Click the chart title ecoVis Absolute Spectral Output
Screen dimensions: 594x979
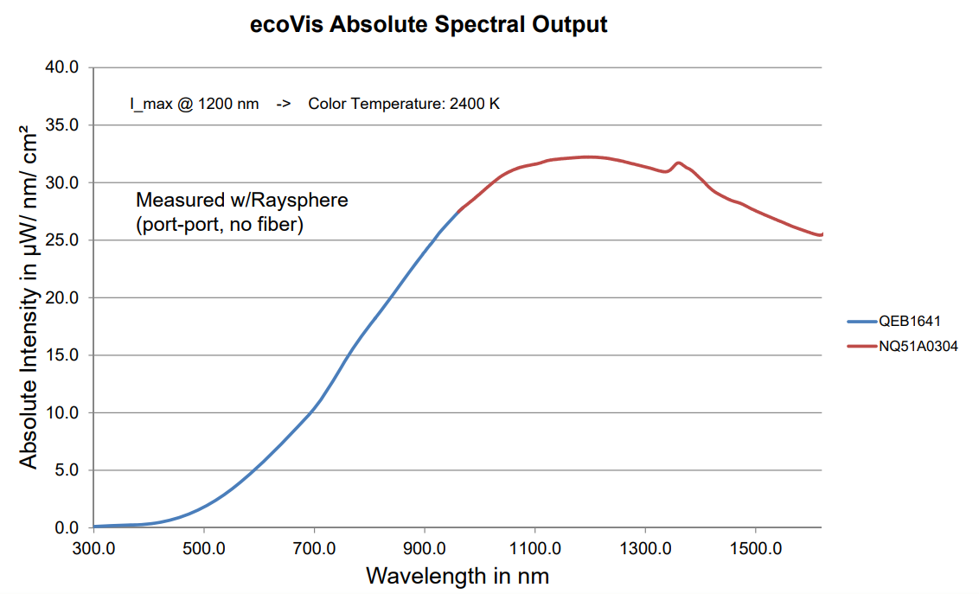tap(429, 24)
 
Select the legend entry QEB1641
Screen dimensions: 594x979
tap(909, 321)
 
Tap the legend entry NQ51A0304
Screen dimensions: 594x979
tap(918, 346)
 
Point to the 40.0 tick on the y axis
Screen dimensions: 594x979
tap(61, 67)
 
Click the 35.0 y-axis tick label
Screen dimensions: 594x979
tap(61, 125)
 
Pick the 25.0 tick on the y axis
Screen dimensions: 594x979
tap(61, 240)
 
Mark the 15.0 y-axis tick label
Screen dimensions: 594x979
tap(61, 355)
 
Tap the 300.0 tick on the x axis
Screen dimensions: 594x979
tap(93, 549)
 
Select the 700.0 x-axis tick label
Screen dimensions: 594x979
tap(314, 549)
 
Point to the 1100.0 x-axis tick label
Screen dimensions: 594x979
tap(534, 549)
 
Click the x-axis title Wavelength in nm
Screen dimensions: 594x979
tap(458, 575)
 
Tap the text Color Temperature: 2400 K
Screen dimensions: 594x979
tap(404, 104)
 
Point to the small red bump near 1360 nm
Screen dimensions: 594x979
tap(678, 163)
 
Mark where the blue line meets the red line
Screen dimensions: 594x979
tap(457, 211)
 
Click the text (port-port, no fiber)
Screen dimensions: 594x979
tap(220, 227)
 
